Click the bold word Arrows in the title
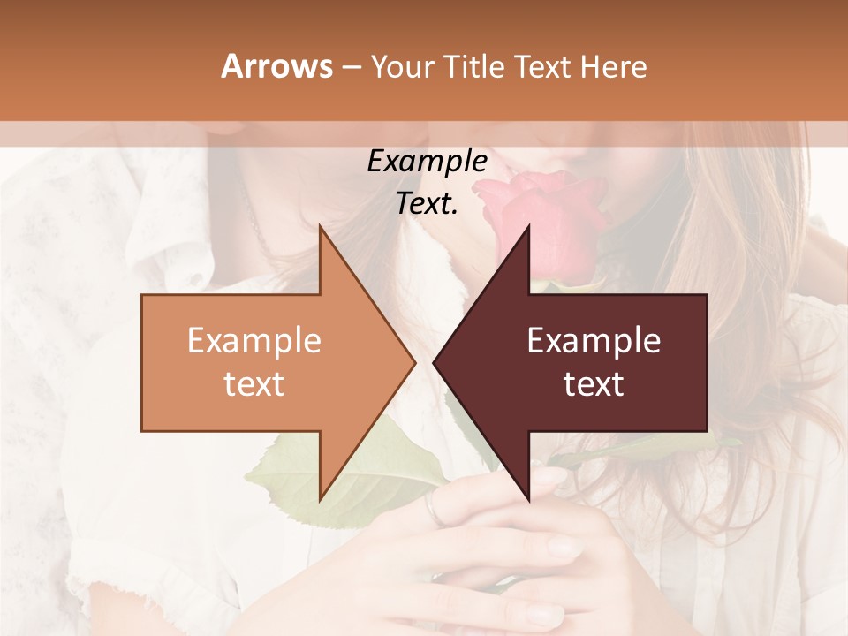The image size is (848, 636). click(276, 66)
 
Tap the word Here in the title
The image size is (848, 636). click(613, 66)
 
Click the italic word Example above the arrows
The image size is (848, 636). click(427, 161)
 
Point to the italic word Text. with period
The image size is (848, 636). click(427, 203)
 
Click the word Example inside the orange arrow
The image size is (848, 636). click(254, 340)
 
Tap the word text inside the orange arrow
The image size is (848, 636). click(254, 383)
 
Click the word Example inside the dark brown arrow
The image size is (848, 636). click(594, 340)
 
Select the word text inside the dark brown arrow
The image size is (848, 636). click(594, 383)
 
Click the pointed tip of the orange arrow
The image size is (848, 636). click(413, 363)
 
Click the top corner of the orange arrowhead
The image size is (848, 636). click(321, 228)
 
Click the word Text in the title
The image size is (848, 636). click(542, 66)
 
